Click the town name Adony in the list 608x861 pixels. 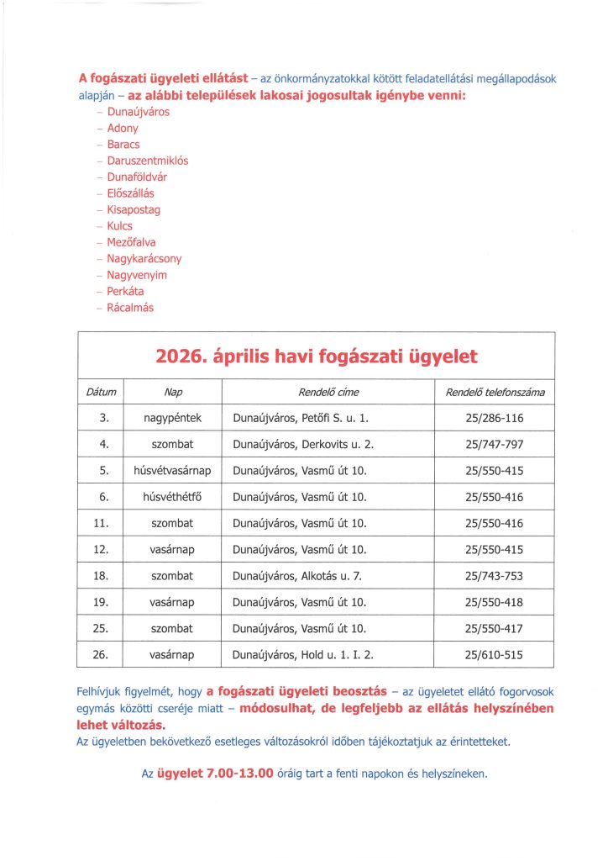123,128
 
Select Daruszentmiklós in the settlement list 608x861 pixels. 148,160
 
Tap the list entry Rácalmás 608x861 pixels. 130,308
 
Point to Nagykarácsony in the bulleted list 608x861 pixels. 144,259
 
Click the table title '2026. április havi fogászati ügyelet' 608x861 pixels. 317,357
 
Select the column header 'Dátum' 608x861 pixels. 101,393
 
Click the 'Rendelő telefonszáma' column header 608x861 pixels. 495,393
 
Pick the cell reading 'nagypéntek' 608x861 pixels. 172,417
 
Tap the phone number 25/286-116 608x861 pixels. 495,417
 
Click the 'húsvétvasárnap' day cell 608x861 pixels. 172,470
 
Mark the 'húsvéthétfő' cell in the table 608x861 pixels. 172,496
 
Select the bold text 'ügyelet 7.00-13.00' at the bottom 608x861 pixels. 216,774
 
